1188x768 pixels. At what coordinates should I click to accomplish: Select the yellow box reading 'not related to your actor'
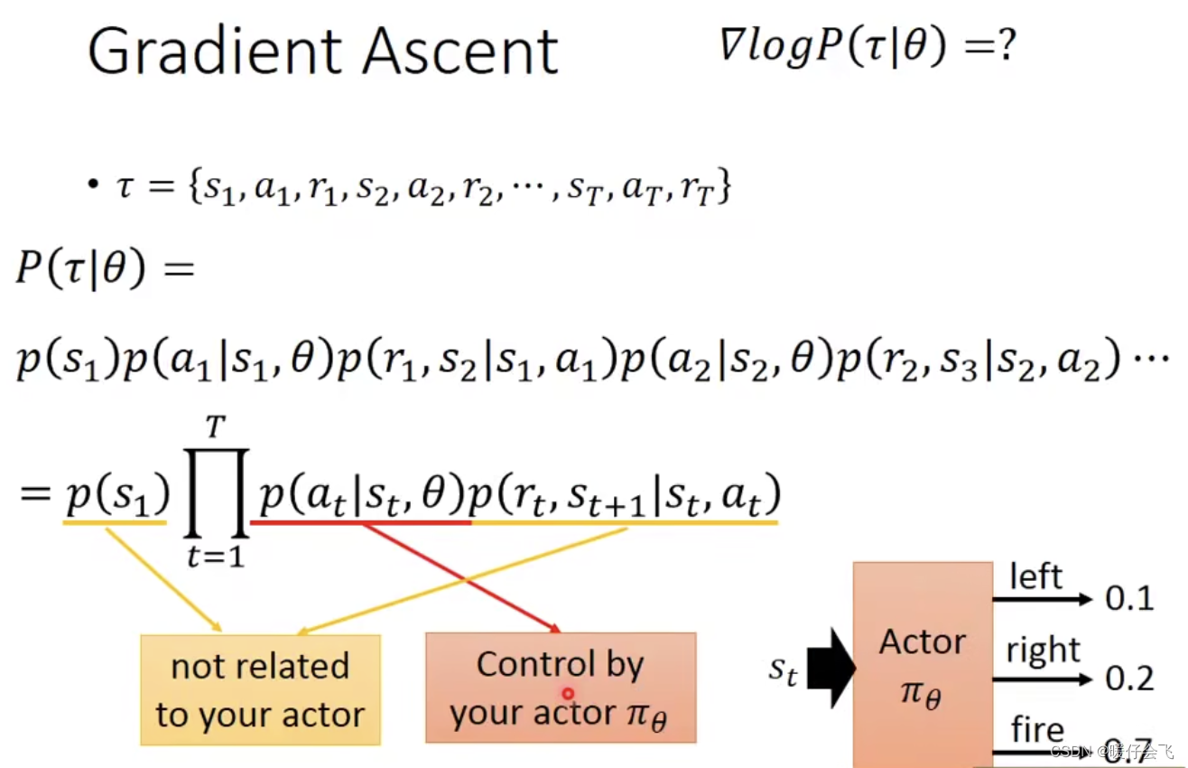pyautogui.click(x=260, y=690)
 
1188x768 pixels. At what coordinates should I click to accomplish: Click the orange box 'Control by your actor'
pyautogui.click(x=560, y=688)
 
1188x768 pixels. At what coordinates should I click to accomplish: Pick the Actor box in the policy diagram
pyautogui.click(x=922, y=664)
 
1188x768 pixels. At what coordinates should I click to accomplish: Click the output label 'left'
pyautogui.click(x=1035, y=577)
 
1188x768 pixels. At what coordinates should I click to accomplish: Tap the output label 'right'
pyautogui.click(x=1044, y=650)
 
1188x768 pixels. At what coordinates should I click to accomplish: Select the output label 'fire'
pyautogui.click(x=1037, y=728)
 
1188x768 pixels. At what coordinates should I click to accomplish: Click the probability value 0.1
pyautogui.click(x=1129, y=598)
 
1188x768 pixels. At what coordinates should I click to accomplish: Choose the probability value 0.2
pyautogui.click(x=1129, y=678)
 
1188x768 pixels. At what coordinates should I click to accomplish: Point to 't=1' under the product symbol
pyautogui.click(x=215, y=556)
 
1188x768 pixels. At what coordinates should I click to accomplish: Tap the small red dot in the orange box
pyautogui.click(x=568, y=694)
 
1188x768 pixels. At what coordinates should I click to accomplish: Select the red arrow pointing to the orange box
pyautogui.click(x=460, y=578)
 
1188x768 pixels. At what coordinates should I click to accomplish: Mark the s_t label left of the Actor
pyautogui.click(x=783, y=670)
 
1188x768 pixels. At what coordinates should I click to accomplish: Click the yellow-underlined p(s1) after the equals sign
pyautogui.click(x=116, y=495)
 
